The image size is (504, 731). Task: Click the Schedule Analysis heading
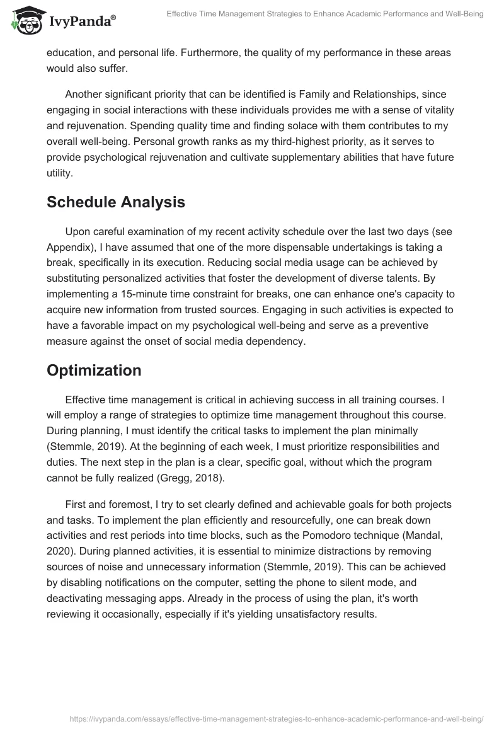click(x=116, y=202)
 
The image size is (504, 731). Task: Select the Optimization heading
click(x=94, y=371)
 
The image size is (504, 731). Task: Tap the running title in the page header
click(x=325, y=14)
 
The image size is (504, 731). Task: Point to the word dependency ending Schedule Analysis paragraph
click(x=273, y=341)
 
